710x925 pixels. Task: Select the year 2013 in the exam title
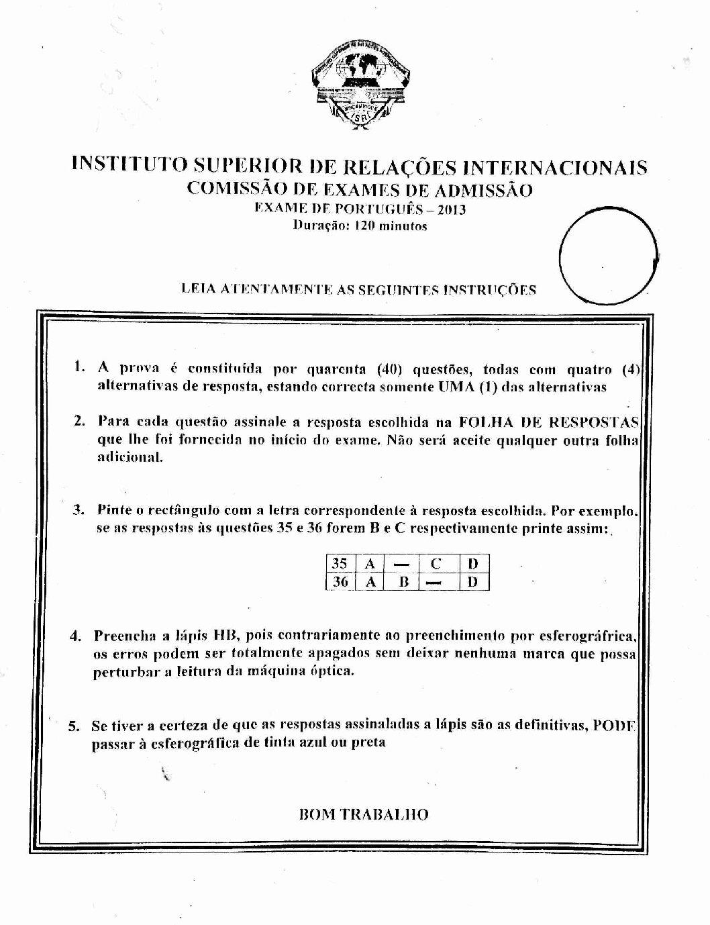pyautogui.click(x=451, y=209)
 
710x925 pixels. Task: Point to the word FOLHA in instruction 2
pyautogui.click(x=483, y=422)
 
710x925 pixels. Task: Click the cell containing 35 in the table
pyautogui.click(x=340, y=564)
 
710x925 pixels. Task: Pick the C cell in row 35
pyautogui.click(x=436, y=564)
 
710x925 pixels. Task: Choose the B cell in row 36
pyautogui.click(x=403, y=581)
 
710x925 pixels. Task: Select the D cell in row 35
pyautogui.click(x=473, y=564)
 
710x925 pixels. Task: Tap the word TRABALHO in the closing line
pyautogui.click(x=385, y=814)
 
